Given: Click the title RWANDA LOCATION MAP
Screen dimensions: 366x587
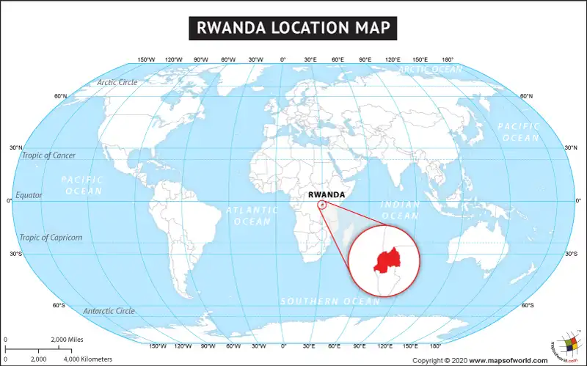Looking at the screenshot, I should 293,27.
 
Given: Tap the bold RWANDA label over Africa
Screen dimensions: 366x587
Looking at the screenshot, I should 327,195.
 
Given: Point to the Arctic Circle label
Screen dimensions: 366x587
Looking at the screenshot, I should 117,83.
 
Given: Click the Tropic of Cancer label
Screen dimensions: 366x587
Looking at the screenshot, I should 48,155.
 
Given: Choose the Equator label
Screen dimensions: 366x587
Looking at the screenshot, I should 29,196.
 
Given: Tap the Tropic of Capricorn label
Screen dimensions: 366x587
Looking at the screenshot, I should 51,238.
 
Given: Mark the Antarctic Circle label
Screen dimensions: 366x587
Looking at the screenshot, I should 109,311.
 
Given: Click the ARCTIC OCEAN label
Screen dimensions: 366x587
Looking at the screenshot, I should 431,70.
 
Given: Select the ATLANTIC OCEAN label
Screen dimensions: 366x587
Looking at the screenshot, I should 252,216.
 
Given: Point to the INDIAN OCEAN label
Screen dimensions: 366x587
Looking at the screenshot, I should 401,211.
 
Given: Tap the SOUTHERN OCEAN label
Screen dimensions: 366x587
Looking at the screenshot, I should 329,301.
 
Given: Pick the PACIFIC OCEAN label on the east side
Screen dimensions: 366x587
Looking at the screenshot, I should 519,132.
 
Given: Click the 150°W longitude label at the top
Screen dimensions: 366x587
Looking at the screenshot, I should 146,59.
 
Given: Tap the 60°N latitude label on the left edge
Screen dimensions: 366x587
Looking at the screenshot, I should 60,96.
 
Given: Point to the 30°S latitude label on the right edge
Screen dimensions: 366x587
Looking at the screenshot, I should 571,254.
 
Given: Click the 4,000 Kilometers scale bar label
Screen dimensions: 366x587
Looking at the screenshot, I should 87,359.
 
